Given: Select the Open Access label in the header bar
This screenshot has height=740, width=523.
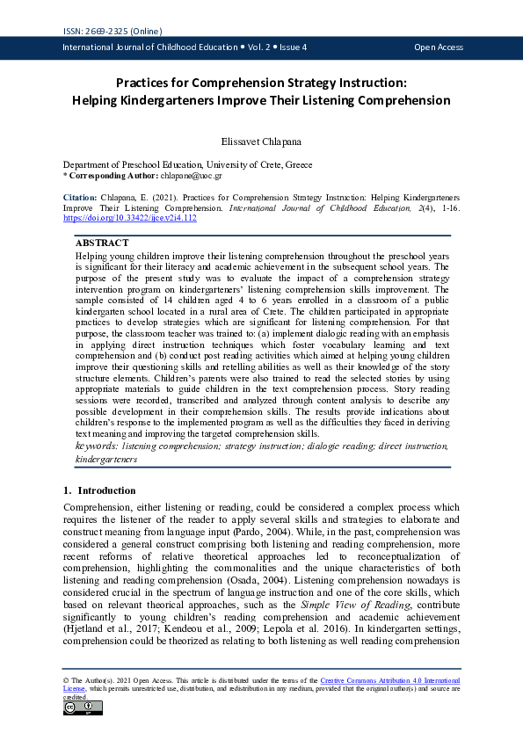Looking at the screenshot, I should pyautogui.click(x=438, y=47).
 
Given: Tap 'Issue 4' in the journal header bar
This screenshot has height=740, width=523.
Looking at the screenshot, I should pyautogui.click(x=282, y=47).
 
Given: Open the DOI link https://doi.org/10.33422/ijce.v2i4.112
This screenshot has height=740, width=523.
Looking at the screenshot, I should pyautogui.click(x=129, y=218).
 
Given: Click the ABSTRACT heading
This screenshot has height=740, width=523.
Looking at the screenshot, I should pyautogui.click(x=102, y=243).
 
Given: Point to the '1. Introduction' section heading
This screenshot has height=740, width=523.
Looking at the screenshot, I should pyautogui.click(x=99, y=490).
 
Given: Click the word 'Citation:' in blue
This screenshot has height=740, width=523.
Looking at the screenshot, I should pyautogui.click(x=80, y=197).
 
